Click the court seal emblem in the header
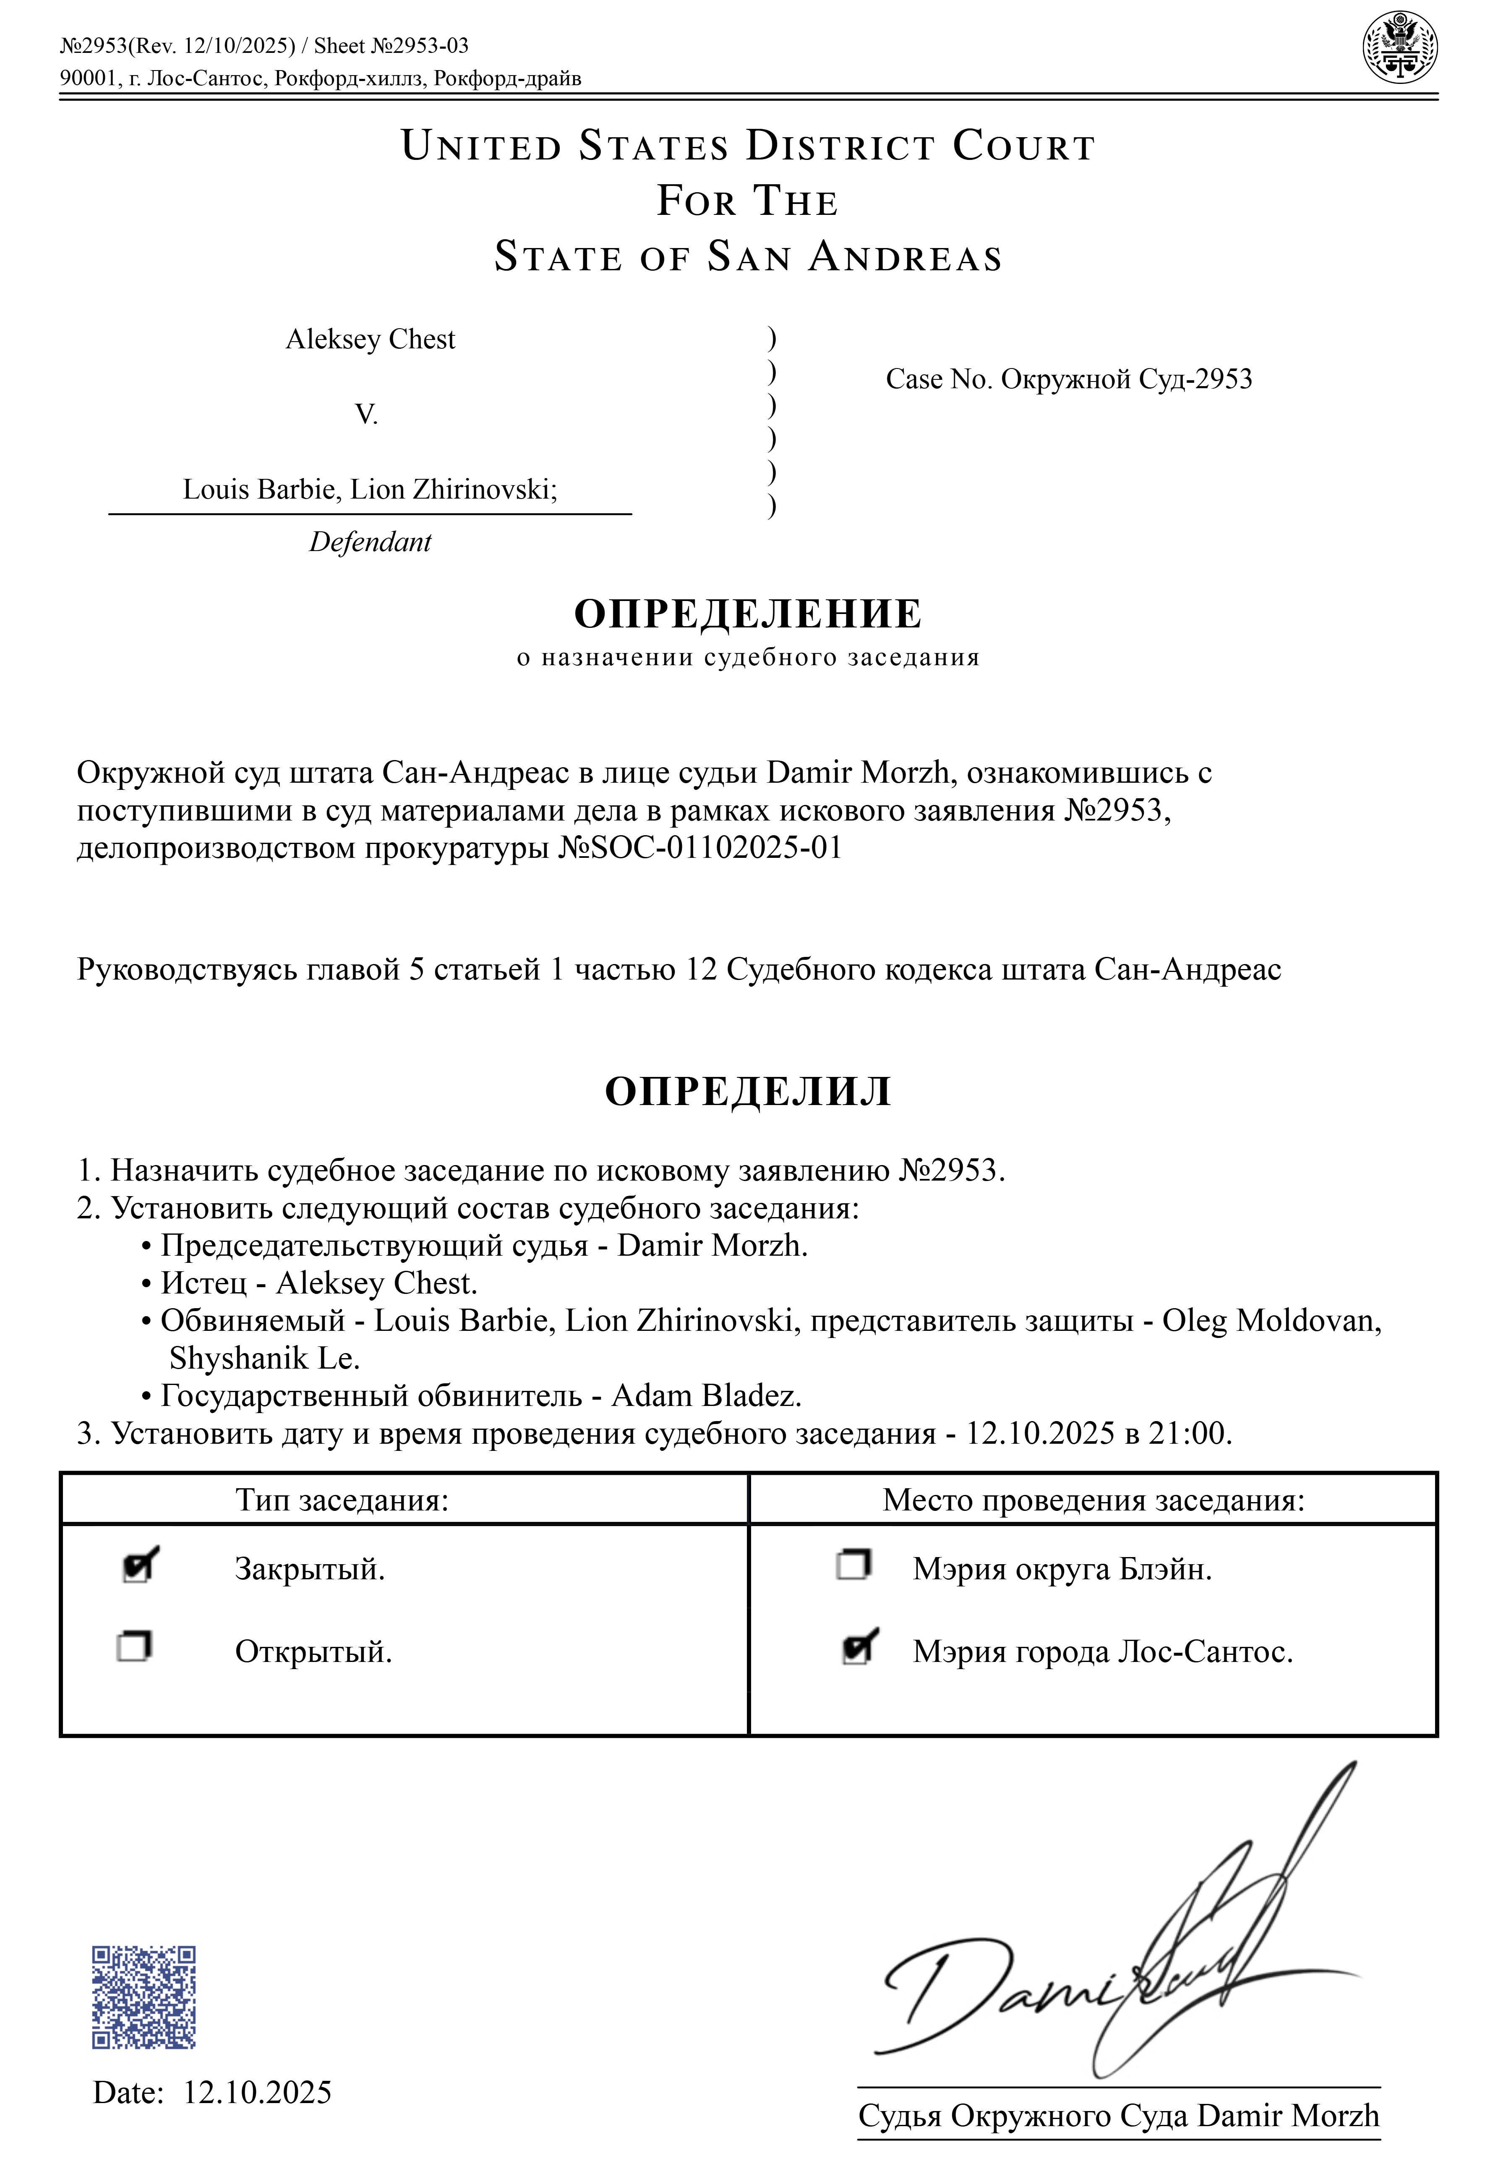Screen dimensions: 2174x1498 pos(1399,47)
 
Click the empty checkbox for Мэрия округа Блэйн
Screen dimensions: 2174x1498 pos(853,1565)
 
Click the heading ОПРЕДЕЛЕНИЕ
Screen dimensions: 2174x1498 pos(748,614)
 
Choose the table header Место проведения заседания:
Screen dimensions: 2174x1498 pos(1093,1500)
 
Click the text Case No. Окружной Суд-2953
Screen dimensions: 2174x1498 pos(1069,379)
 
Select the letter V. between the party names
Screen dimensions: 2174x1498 pos(366,414)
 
